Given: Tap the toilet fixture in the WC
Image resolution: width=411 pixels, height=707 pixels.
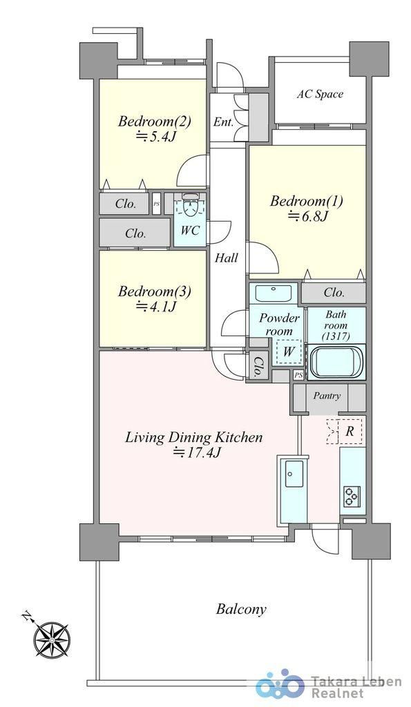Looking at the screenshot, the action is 190,205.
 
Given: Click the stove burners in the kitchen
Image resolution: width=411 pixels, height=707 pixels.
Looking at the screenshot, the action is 352,496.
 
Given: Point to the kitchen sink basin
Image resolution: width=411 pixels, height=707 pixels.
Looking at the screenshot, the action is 294,474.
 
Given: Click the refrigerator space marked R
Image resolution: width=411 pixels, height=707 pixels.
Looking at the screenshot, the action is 345,431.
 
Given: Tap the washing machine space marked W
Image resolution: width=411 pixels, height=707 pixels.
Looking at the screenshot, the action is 288,351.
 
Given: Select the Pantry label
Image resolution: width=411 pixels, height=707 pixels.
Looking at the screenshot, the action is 327,396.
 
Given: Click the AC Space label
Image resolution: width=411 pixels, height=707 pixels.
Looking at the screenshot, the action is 320,94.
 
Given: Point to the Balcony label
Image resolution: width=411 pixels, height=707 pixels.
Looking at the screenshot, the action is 241,610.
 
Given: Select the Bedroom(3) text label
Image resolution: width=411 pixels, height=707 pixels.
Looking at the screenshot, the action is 154,291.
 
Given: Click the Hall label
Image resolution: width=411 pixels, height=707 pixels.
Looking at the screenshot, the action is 226,258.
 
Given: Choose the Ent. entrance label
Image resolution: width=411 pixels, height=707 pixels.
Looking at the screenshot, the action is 223,122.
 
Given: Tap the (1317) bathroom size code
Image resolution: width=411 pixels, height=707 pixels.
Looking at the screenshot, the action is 336,336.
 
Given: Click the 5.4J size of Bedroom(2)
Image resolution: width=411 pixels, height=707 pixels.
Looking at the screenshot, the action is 155,136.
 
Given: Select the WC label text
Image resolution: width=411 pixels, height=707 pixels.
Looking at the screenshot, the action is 190,231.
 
